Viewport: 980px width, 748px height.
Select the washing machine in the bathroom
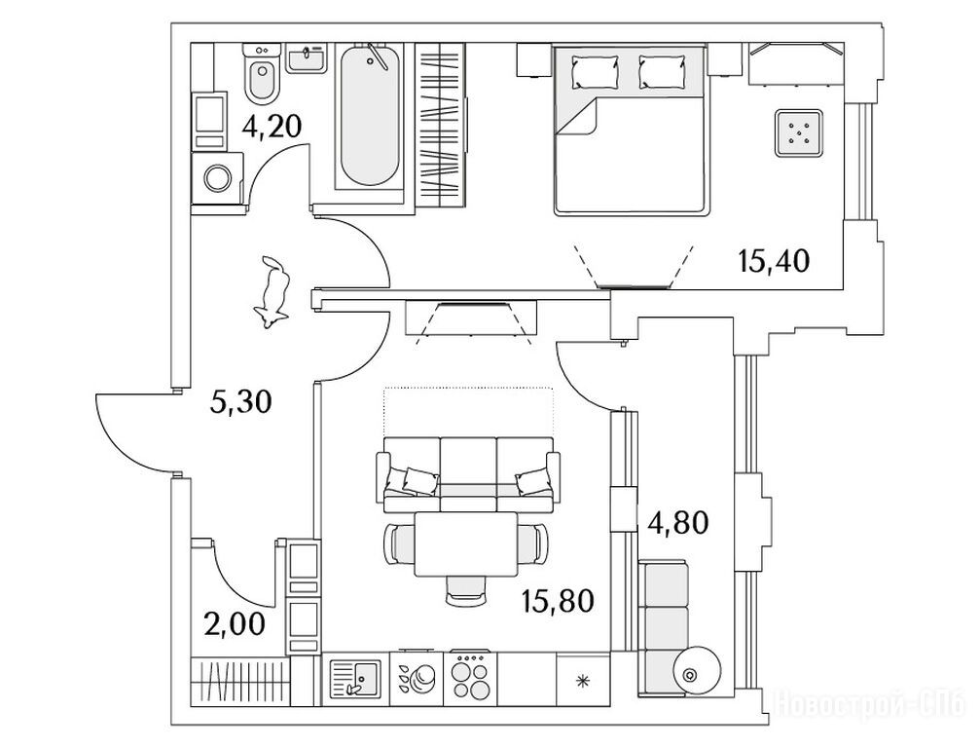tap(220, 177)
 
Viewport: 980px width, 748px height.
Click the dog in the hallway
tap(273, 293)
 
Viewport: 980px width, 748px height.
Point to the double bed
tap(631, 136)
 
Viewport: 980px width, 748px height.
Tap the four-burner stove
tap(471, 675)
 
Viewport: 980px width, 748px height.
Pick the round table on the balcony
tap(698, 672)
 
